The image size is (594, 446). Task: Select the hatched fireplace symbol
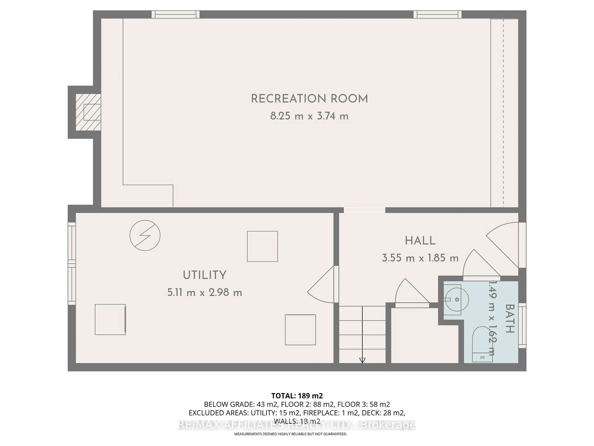click(88, 112)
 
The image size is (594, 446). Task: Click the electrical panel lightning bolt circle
click(145, 236)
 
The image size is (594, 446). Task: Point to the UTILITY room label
click(205, 275)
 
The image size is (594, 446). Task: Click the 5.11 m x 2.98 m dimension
click(205, 292)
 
